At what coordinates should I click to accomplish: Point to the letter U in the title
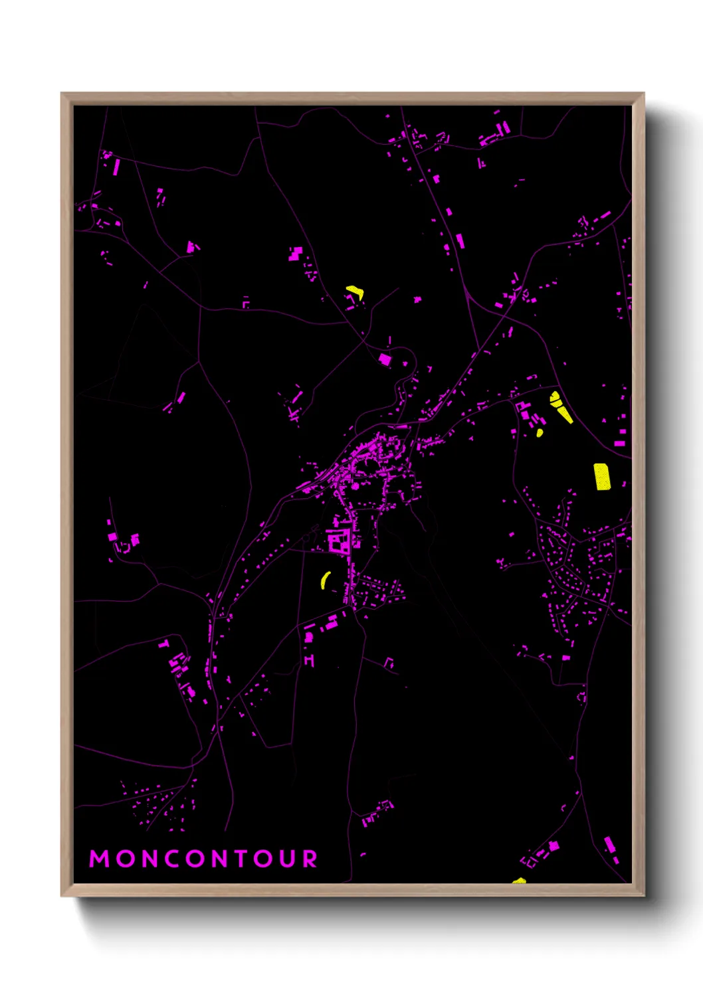(x=287, y=859)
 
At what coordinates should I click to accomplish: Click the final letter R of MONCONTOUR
(x=310, y=859)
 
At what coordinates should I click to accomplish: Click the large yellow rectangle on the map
(x=602, y=476)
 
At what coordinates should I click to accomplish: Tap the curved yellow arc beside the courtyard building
(x=325, y=580)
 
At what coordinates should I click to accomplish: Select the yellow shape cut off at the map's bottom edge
(x=519, y=881)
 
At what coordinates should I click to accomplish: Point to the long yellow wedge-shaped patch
(x=561, y=407)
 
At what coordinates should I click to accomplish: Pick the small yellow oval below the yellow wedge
(x=540, y=433)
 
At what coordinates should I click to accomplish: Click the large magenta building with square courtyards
(x=340, y=543)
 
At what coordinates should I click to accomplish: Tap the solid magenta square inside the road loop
(x=385, y=359)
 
